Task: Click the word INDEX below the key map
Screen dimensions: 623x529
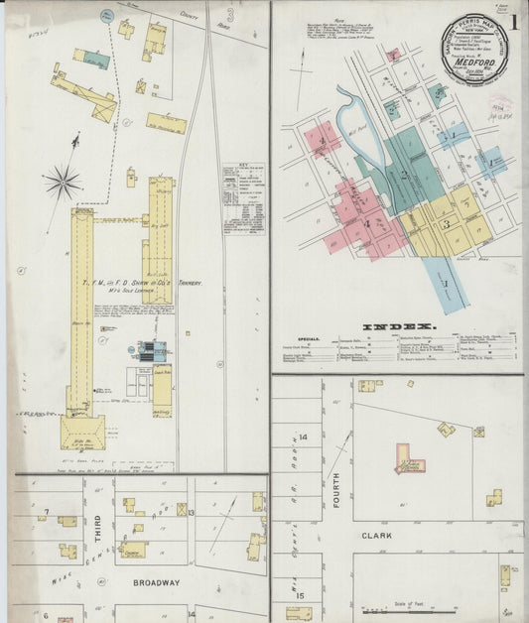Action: [x=397, y=326]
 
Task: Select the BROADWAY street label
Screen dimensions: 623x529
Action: [x=155, y=582]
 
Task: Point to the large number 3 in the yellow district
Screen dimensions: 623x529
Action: [x=447, y=224]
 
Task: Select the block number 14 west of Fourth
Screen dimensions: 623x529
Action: [x=304, y=436]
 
